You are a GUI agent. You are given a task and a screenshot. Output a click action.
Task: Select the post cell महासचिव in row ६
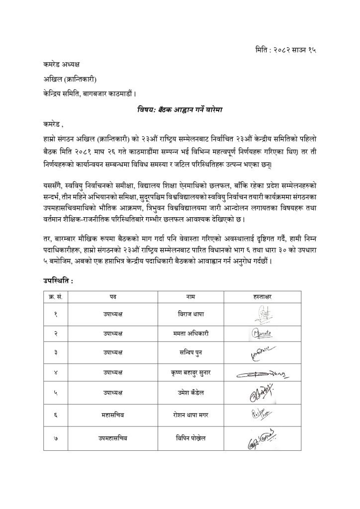[113, 414]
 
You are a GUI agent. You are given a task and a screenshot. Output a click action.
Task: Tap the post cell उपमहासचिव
[113, 438]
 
